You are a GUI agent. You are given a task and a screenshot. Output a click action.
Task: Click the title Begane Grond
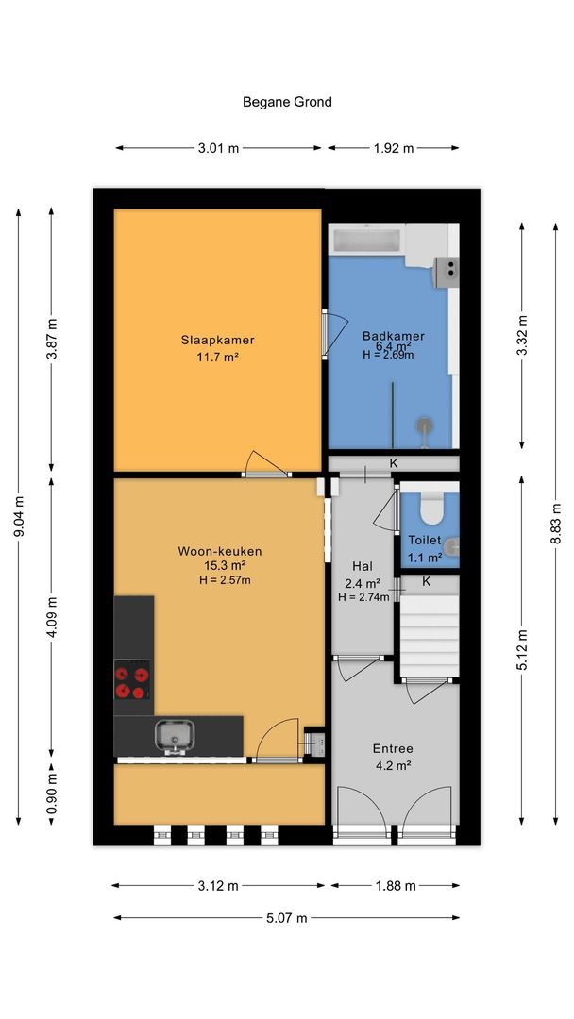pyautogui.click(x=287, y=102)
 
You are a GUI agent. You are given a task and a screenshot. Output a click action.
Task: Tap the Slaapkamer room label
pyautogui.click(x=218, y=340)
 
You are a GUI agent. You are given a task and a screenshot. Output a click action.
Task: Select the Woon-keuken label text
pyautogui.click(x=220, y=552)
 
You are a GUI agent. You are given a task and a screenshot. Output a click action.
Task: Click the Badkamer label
pyautogui.click(x=394, y=336)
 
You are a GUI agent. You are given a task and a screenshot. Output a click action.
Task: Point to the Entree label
pyautogui.click(x=393, y=748)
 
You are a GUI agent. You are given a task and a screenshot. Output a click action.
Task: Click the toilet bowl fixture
pyautogui.click(x=430, y=509)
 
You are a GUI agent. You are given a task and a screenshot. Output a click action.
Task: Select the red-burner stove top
pyautogui.click(x=132, y=679)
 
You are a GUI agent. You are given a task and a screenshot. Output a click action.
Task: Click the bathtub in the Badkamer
pyautogui.click(x=367, y=239)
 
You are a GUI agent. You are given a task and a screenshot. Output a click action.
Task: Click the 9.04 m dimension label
pyautogui.click(x=18, y=517)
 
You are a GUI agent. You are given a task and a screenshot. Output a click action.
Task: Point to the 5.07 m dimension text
pyautogui.click(x=287, y=918)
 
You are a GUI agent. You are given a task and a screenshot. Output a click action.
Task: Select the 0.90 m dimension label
pyautogui.click(x=52, y=792)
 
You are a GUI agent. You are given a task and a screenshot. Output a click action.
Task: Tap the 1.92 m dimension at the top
pyautogui.click(x=394, y=148)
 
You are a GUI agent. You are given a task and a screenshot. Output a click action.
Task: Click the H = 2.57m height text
pyautogui.click(x=225, y=580)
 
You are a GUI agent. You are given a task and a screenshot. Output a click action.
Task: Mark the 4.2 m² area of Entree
pyautogui.click(x=393, y=765)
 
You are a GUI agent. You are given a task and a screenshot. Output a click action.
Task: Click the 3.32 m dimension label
pyautogui.click(x=521, y=335)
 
